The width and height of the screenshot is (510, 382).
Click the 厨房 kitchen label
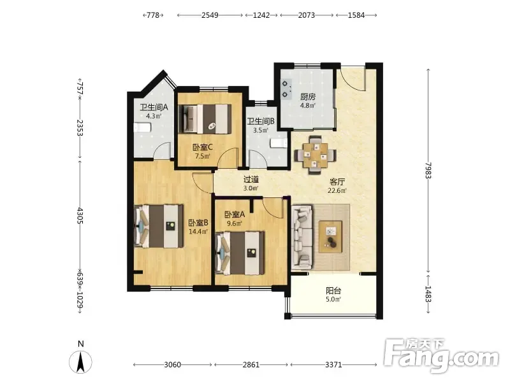[x=308, y=97]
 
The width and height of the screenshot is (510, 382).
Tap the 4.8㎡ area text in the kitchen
[x=308, y=106]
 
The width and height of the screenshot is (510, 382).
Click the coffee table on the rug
[x=330, y=236]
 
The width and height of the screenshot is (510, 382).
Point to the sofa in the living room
[x=302, y=237]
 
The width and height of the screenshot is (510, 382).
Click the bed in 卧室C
[x=205, y=118]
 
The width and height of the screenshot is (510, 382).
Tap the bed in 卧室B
[x=159, y=226]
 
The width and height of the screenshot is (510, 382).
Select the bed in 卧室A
[x=240, y=253]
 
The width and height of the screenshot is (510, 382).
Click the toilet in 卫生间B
[x=279, y=143]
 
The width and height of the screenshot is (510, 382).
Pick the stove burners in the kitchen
[x=286, y=89]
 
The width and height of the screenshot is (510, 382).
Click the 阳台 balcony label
[x=333, y=291]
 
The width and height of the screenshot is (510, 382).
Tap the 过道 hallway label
[x=251, y=180]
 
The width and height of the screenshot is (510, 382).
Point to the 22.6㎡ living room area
[x=337, y=190]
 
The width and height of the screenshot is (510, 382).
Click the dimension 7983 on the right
[x=428, y=171]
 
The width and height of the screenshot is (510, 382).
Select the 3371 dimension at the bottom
[x=333, y=365]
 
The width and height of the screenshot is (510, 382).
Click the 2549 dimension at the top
[x=210, y=15]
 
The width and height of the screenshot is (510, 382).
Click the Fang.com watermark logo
[x=441, y=355]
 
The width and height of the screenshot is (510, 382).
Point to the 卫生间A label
[x=154, y=107]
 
